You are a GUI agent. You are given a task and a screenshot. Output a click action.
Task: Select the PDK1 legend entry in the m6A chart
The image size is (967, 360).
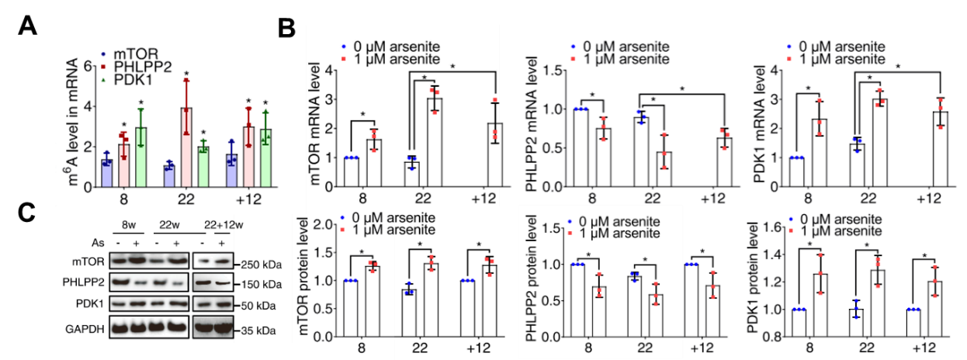pyautogui.click(x=133, y=78)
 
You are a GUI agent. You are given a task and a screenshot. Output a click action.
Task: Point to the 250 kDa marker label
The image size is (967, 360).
pyautogui.click(x=260, y=264)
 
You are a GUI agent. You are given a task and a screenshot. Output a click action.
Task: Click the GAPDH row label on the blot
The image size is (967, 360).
pyautogui.click(x=90, y=330)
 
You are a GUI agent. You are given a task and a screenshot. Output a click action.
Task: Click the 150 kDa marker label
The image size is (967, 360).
pyautogui.click(x=260, y=285)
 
